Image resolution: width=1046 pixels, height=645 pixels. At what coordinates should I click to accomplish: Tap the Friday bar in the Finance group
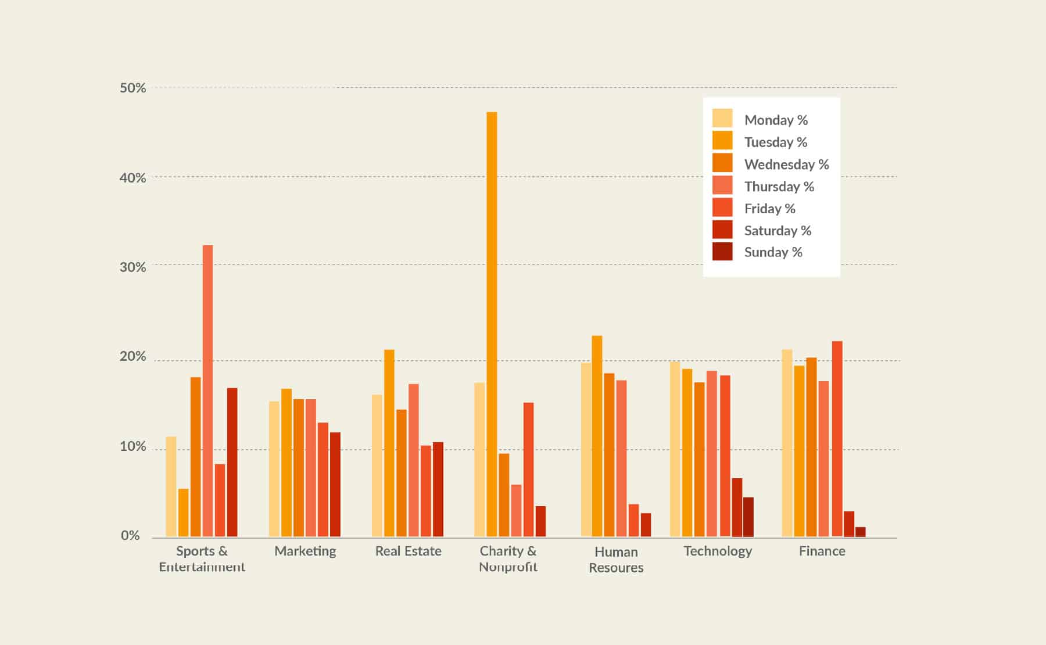pos(837,438)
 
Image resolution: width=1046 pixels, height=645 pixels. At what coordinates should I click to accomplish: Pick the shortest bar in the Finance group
pos(861,532)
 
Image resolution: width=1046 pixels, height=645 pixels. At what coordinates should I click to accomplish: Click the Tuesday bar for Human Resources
pos(597,436)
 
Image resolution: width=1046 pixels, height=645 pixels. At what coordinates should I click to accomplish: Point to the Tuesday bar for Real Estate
pos(389,443)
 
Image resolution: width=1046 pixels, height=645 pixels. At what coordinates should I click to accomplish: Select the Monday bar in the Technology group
pos(675,449)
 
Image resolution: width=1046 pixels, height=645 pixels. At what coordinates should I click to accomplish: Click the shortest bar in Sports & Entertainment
pos(183,512)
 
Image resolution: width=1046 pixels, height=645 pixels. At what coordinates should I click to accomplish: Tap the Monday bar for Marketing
pos(274,468)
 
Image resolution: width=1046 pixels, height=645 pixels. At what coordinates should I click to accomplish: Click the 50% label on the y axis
pos(132,88)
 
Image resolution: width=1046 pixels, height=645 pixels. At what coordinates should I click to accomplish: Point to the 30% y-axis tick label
pos(132,267)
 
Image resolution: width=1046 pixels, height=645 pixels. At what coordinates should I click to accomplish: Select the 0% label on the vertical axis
pos(130,536)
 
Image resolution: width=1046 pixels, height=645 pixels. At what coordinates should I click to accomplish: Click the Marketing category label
pos(305,551)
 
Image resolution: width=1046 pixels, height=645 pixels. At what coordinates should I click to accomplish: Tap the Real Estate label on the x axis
pos(408,551)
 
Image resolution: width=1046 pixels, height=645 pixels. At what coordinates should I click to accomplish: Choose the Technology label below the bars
pos(718,551)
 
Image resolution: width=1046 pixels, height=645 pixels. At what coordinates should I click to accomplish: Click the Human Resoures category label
pos(616,560)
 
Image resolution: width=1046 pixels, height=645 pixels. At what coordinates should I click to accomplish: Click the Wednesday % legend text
pos(786,164)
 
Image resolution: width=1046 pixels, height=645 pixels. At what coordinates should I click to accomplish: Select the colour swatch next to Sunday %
pos(722,252)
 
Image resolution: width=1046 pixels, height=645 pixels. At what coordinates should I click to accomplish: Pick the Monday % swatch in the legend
pos(722,118)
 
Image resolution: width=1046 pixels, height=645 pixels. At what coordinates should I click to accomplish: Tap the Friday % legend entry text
pos(769,209)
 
